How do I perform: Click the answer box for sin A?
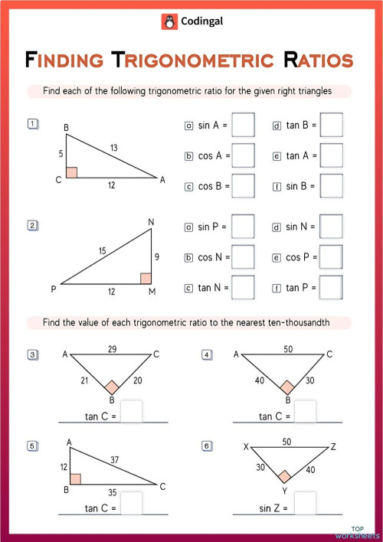click(x=243, y=125)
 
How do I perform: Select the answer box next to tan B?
click(x=331, y=125)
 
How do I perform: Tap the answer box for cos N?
click(x=243, y=257)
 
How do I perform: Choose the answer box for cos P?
click(x=331, y=257)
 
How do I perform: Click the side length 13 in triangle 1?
click(x=114, y=147)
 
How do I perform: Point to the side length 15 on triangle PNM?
click(x=102, y=251)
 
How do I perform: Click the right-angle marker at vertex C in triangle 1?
click(x=71, y=172)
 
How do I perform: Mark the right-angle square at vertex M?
click(x=146, y=278)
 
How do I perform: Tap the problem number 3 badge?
click(x=32, y=354)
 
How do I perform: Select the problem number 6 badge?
click(x=206, y=446)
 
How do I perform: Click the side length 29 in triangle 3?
click(x=113, y=349)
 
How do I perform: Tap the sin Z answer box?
click(x=306, y=504)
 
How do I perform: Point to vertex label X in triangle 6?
click(x=245, y=447)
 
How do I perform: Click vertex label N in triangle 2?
click(x=151, y=223)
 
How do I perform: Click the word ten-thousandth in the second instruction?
click(x=293, y=322)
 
